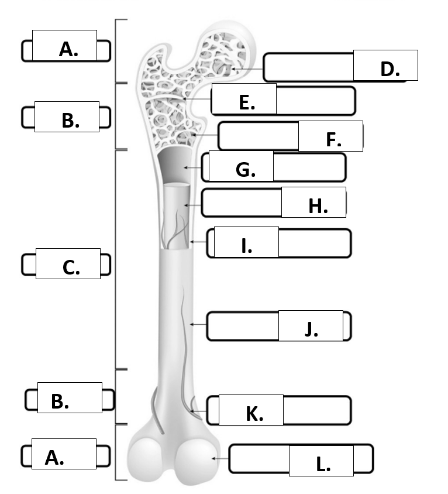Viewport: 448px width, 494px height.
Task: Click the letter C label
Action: [71, 268]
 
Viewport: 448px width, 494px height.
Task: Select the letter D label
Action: [390, 69]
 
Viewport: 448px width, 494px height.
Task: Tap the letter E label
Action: [247, 102]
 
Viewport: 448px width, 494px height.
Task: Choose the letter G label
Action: [246, 170]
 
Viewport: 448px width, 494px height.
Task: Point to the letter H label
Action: [318, 207]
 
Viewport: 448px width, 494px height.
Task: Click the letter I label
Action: [247, 246]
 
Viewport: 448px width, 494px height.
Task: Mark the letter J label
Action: [311, 329]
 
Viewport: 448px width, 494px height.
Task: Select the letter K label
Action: [254, 414]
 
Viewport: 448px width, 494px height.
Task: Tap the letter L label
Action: [323, 464]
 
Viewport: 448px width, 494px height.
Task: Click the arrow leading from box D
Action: [247, 68]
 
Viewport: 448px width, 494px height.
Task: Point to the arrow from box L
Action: [220, 458]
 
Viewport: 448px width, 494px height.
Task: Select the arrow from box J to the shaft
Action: [198, 324]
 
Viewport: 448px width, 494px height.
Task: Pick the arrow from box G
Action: [192, 167]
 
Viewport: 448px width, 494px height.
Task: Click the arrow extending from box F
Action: [205, 135]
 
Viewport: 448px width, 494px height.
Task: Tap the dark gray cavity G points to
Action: [175, 164]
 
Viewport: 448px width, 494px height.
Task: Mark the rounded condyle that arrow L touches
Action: [197, 460]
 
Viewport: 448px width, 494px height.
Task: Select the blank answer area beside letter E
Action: [315, 101]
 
